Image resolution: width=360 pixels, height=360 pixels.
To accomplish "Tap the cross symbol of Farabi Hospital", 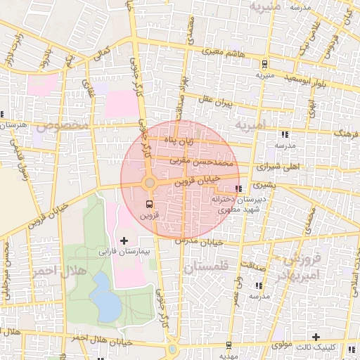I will [124, 240].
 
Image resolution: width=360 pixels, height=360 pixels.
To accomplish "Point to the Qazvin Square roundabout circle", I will [149, 184].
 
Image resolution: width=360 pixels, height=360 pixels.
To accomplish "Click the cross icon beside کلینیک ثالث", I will [316, 337].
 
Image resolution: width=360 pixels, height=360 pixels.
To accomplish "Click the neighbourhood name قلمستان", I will [206, 268].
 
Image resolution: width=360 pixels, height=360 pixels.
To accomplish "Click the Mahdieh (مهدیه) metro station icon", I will [229, 345].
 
